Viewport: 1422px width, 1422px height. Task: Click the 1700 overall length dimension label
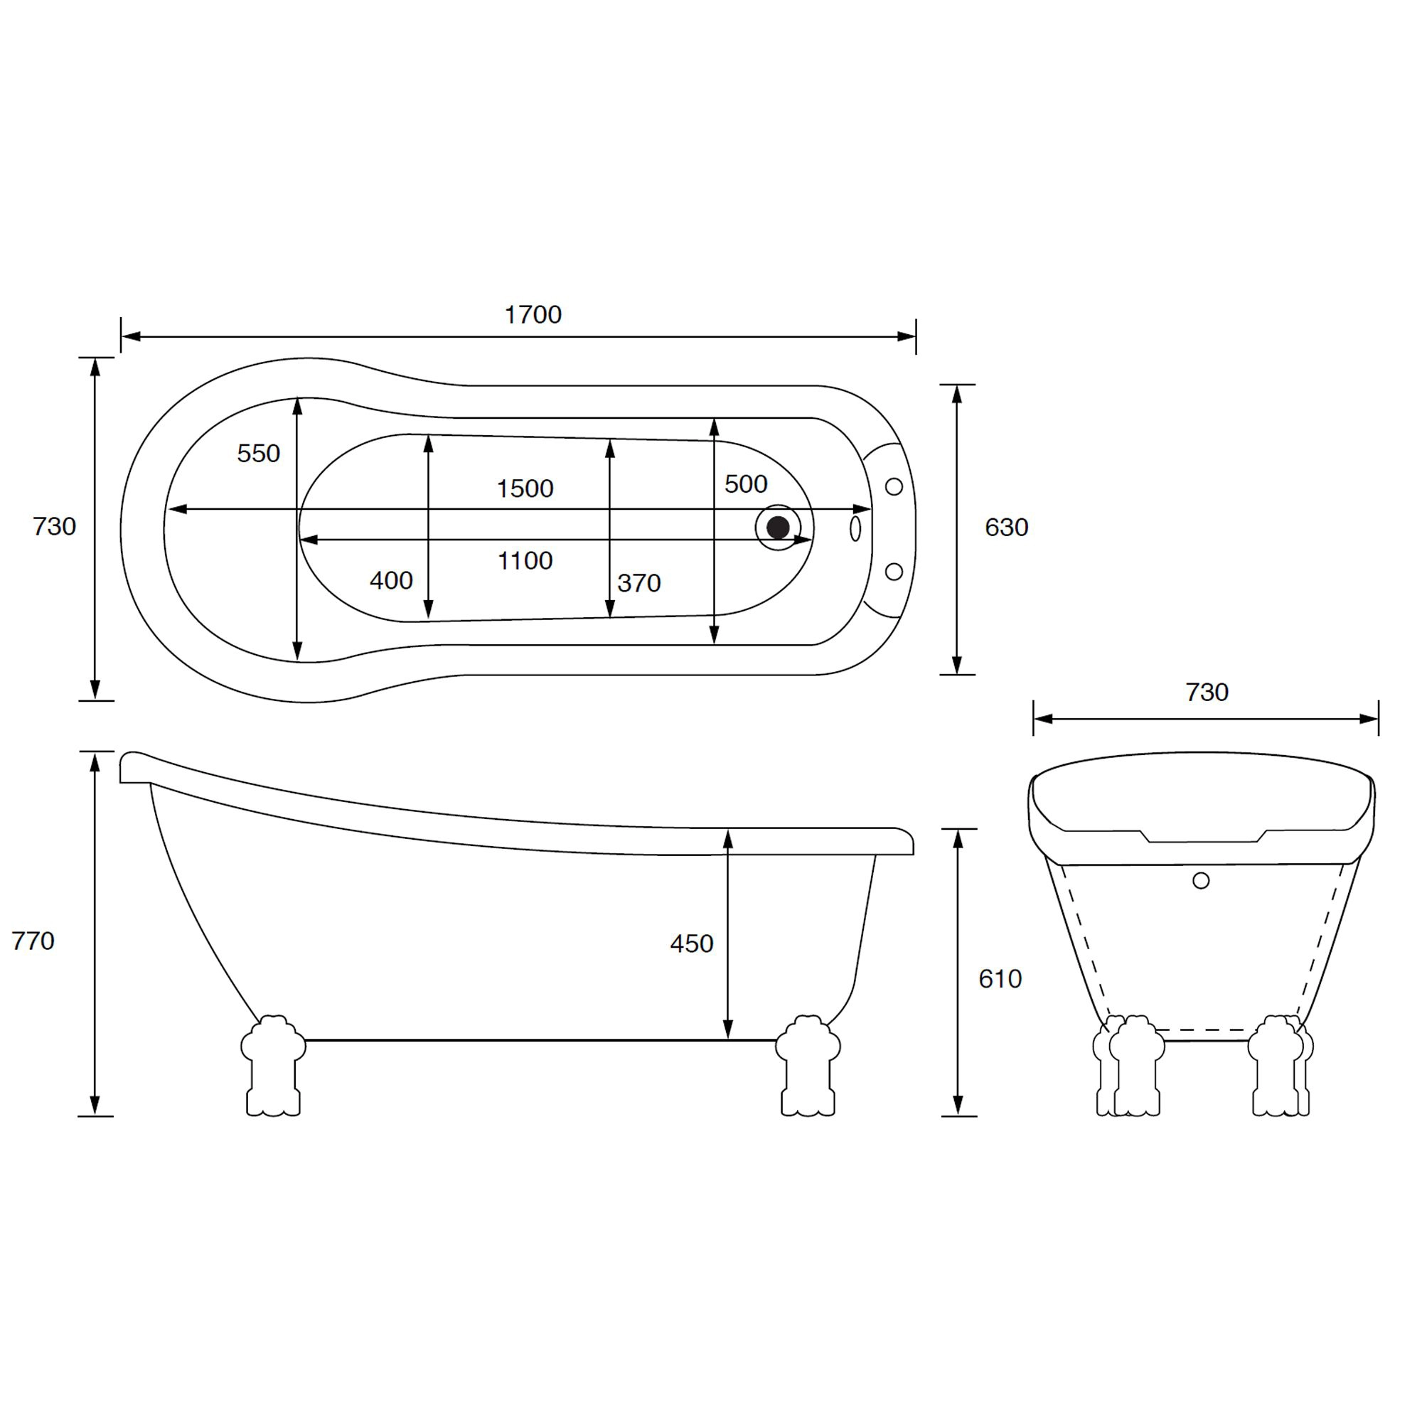(532, 315)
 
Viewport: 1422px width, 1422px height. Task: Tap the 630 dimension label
(1005, 527)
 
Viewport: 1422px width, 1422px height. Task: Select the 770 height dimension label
(33, 941)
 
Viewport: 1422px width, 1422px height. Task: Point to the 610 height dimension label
(1000, 978)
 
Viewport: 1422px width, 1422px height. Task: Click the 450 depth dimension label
(691, 943)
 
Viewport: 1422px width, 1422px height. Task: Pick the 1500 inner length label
(524, 488)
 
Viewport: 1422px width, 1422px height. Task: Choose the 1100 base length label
(524, 561)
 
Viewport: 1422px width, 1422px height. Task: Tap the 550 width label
(258, 454)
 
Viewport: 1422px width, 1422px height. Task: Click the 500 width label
(745, 484)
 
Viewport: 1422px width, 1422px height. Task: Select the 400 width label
(391, 581)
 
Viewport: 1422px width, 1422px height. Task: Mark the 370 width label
(638, 583)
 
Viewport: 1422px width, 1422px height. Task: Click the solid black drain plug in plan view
(777, 527)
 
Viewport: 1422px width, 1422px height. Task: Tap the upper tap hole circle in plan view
(893, 486)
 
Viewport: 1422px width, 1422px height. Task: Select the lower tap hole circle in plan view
(893, 571)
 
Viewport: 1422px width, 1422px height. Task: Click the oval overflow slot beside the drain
(855, 528)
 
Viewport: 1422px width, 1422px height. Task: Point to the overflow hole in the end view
(1200, 880)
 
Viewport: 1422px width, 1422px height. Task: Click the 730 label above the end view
(1207, 692)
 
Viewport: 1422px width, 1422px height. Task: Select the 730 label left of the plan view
(55, 527)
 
